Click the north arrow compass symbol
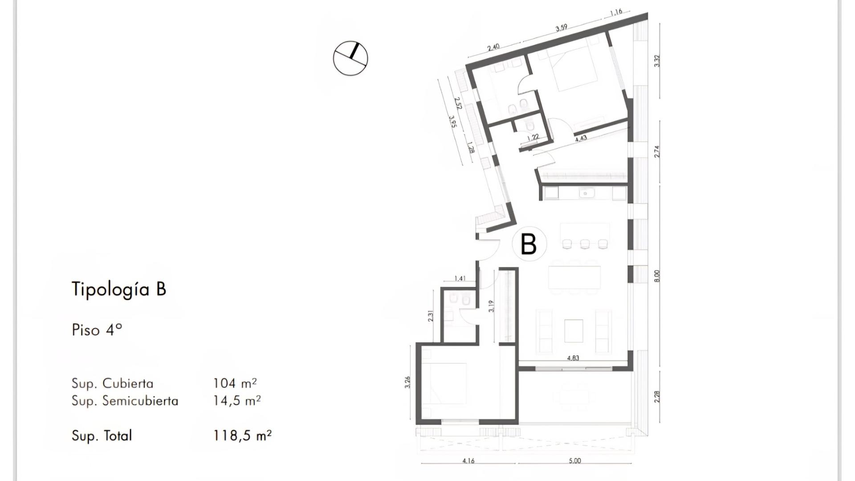[350, 58]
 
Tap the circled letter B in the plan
[529, 244]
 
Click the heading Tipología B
[119, 289]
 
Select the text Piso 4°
[97, 330]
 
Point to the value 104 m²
[235, 383]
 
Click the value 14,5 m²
[236, 400]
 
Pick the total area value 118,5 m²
[242, 435]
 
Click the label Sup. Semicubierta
[125, 401]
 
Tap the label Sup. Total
[102, 436]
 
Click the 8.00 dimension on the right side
[657, 276]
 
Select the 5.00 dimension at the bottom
[575, 461]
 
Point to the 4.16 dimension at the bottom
[468, 461]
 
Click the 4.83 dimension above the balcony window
[573, 358]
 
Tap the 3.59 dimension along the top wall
[561, 28]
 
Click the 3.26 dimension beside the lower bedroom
[407, 383]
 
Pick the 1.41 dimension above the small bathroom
[460, 279]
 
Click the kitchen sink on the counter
[585, 193]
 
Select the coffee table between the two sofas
[574, 330]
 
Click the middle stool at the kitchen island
[585, 244]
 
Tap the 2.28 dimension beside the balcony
[657, 397]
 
